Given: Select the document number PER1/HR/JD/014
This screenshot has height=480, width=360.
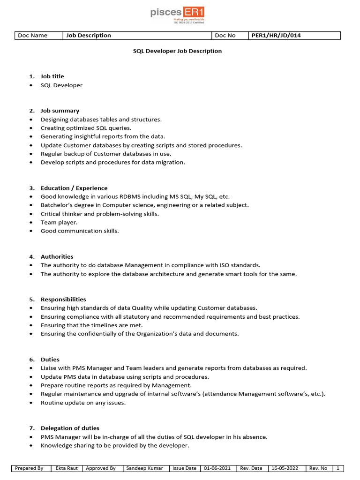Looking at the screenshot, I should [276, 35].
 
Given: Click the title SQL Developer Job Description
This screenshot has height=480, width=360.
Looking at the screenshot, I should [177, 51].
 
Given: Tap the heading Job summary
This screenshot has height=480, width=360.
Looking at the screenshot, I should [60, 111].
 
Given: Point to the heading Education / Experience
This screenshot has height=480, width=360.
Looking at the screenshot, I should [74, 188].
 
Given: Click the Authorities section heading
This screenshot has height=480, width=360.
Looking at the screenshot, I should [57, 256].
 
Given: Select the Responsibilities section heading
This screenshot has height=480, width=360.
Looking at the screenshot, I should [63, 299].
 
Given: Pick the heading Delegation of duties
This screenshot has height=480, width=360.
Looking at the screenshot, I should [70, 428].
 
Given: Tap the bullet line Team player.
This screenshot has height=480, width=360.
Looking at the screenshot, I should [59, 222].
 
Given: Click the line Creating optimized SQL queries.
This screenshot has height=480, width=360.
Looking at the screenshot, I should [86, 128].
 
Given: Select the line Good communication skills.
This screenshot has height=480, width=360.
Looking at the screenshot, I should [80, 231].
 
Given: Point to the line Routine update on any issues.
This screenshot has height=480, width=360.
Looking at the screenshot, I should [83, 403].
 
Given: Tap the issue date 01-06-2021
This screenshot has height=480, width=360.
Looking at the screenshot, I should [217, 468].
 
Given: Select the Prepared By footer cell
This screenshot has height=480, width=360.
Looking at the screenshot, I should [29, 468].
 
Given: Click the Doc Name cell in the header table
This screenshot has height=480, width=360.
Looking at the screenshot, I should [33, 35].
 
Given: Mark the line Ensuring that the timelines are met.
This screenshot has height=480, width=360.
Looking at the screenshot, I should [91, 325].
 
